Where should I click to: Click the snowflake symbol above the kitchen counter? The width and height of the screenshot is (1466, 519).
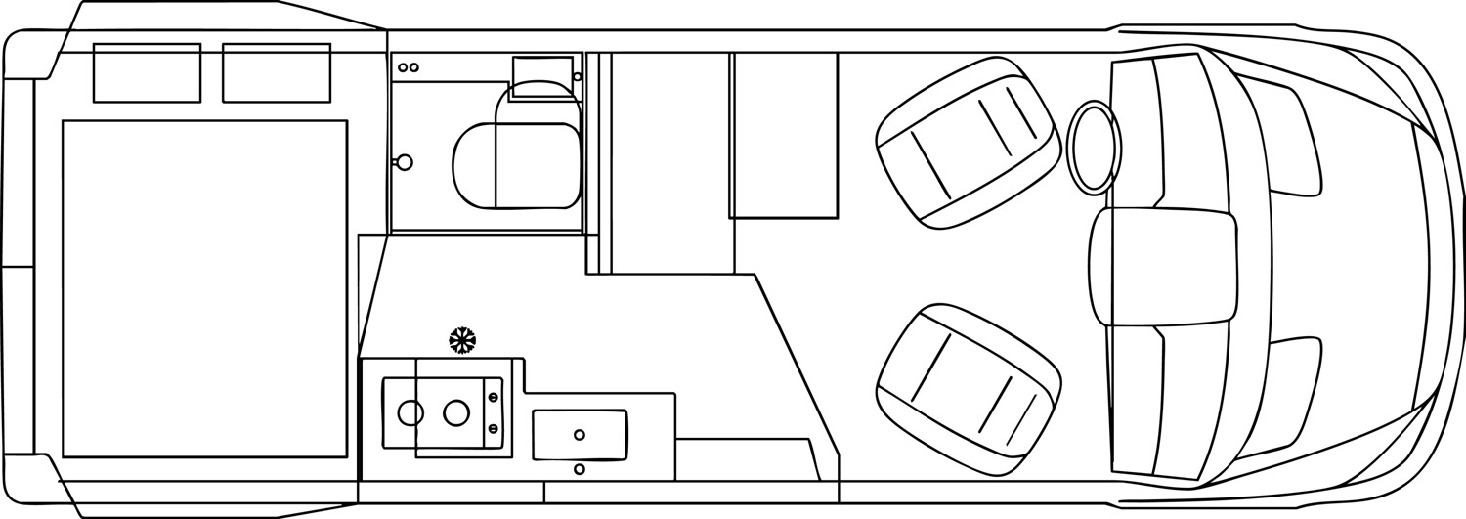[x=462, y=340]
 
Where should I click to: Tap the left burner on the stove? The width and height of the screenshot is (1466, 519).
[x=410, y=413]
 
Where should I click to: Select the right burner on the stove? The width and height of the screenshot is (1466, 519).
[x=455, y=413]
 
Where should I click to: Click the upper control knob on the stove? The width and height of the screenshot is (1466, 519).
[x=493, y=397]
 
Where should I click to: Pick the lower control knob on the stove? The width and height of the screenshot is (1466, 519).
[x=493, y=428]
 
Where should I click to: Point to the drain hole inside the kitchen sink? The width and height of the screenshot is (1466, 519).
[x=580, y=435]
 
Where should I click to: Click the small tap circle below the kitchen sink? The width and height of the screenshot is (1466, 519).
[x=580, y=470]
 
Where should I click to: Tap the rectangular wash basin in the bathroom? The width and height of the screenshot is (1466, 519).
[x=542, y=76]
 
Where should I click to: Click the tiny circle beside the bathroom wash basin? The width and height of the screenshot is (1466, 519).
[x=578, y=76]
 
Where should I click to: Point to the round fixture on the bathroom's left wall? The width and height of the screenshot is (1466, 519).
[x=404, y=162]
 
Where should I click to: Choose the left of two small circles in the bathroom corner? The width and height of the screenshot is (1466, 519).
[x=403, y=67]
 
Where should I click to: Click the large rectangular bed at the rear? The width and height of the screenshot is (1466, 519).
[x=204, y=288]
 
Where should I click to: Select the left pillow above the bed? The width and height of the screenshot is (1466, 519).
[x=147, y=72]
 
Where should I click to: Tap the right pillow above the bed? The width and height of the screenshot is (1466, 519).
[x=276, y=72]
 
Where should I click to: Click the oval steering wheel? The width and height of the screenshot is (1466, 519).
[x=1093, y=148]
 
